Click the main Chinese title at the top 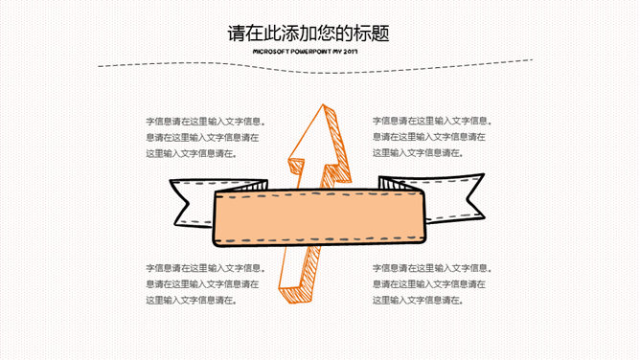[x=309, y=33]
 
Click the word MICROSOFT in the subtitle [x=271, y=52]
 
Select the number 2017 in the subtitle [x=351, y=52]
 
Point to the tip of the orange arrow [x=323, y=104]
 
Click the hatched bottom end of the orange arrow [x=295, y=295]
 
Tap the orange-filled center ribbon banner [x=319, y=217]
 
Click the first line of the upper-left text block [x=206, y=121]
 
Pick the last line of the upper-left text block [x=192, y=154]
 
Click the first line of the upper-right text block [x=432, y=121]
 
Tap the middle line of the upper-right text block [x=428, y=137]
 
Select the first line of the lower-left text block [x=206, y=268]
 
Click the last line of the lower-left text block [x=192, y=301]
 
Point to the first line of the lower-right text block [x=432, y=268]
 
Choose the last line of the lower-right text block [x=418, y=301]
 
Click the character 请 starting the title [x=237, y=34]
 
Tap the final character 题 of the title [x=380, y=34]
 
